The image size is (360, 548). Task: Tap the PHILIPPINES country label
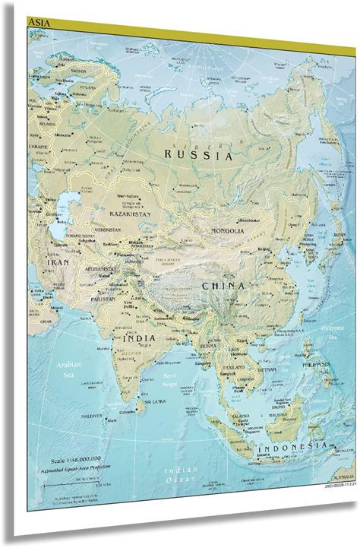314,365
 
